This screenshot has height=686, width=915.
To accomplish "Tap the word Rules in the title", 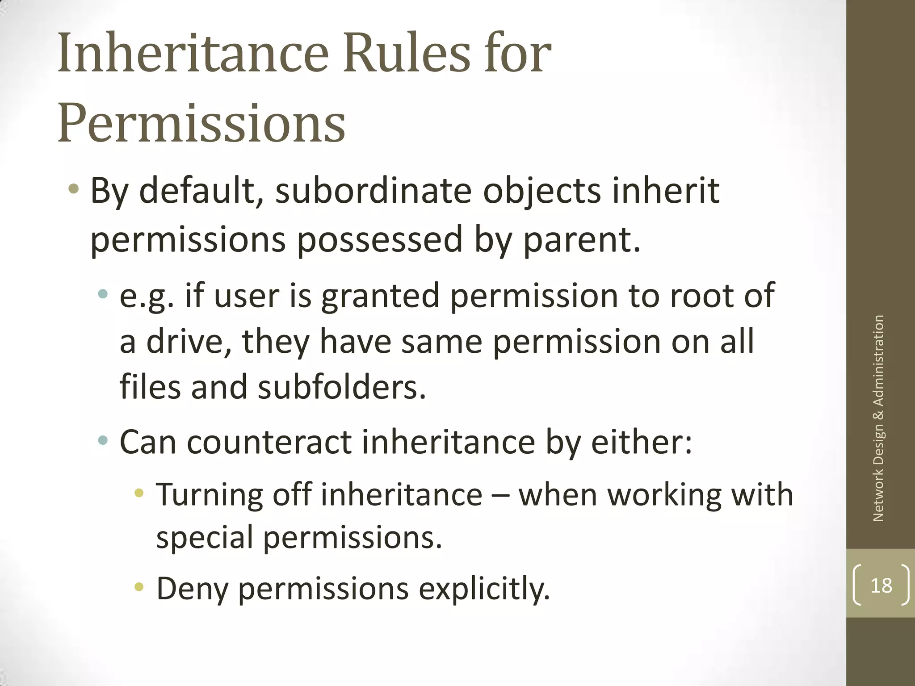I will coord(406,54).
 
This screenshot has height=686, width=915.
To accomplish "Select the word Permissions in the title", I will coord(201,122).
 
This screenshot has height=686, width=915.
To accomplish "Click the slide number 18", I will coord(881,585).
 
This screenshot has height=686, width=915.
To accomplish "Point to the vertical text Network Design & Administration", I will coord(878,418).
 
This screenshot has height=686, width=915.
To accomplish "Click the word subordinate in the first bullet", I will coord(373,191).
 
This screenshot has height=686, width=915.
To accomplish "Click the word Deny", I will coord(193,589).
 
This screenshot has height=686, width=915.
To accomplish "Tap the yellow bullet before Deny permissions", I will coord(139,587).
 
